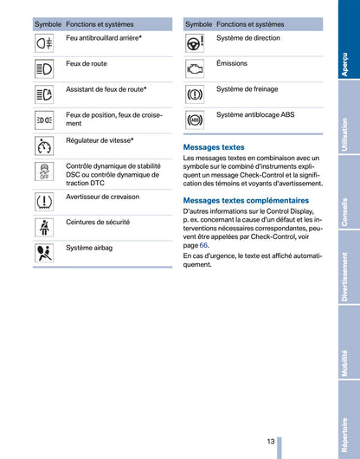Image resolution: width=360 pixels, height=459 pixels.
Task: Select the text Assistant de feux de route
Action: pyautogui.click(x=106, y=89)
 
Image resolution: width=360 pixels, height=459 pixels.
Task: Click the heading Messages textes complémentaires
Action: pyautogui.click(x=246, y=200)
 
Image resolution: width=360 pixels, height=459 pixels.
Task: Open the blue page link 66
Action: pyautogui.click(x=203, y=245)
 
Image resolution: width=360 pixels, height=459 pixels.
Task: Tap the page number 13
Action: pyautogui.click(x=271, y=442)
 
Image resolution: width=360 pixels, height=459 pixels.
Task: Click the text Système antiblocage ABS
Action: pyautogui.click(x=255, y=114)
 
